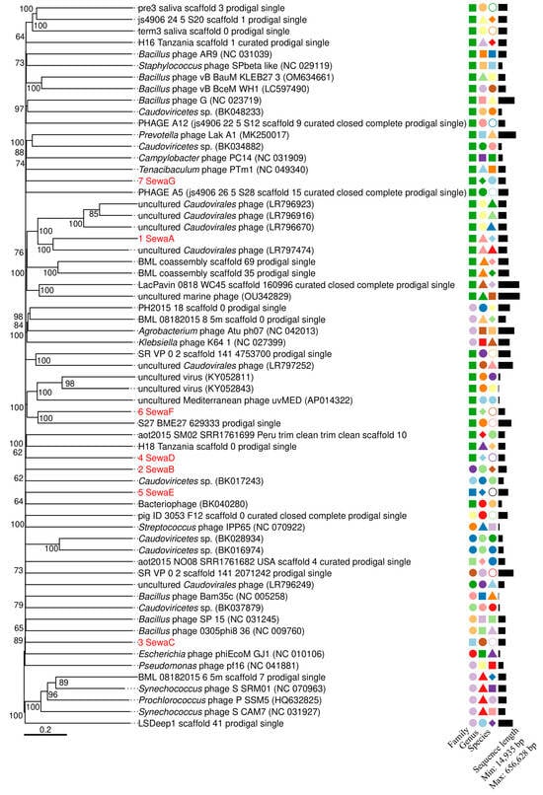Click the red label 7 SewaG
click(157, 181)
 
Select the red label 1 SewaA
click(157, 239)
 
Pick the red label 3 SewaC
click(157, 641)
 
